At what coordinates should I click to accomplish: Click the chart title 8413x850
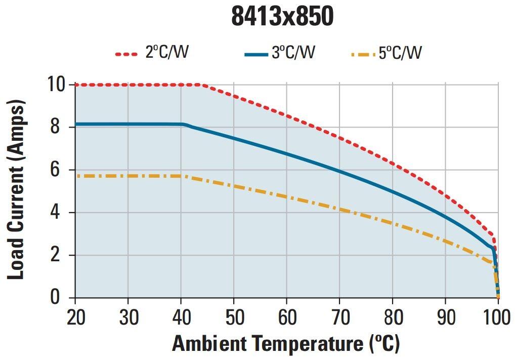pos(282,17)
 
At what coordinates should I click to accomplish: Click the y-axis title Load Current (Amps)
pos(16,190)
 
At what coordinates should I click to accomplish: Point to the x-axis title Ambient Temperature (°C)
pos(286,344)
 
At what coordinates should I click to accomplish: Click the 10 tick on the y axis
pos(57,84)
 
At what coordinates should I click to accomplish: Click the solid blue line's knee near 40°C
pos(184,125)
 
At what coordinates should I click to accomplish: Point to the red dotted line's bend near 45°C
pos(203,85)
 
